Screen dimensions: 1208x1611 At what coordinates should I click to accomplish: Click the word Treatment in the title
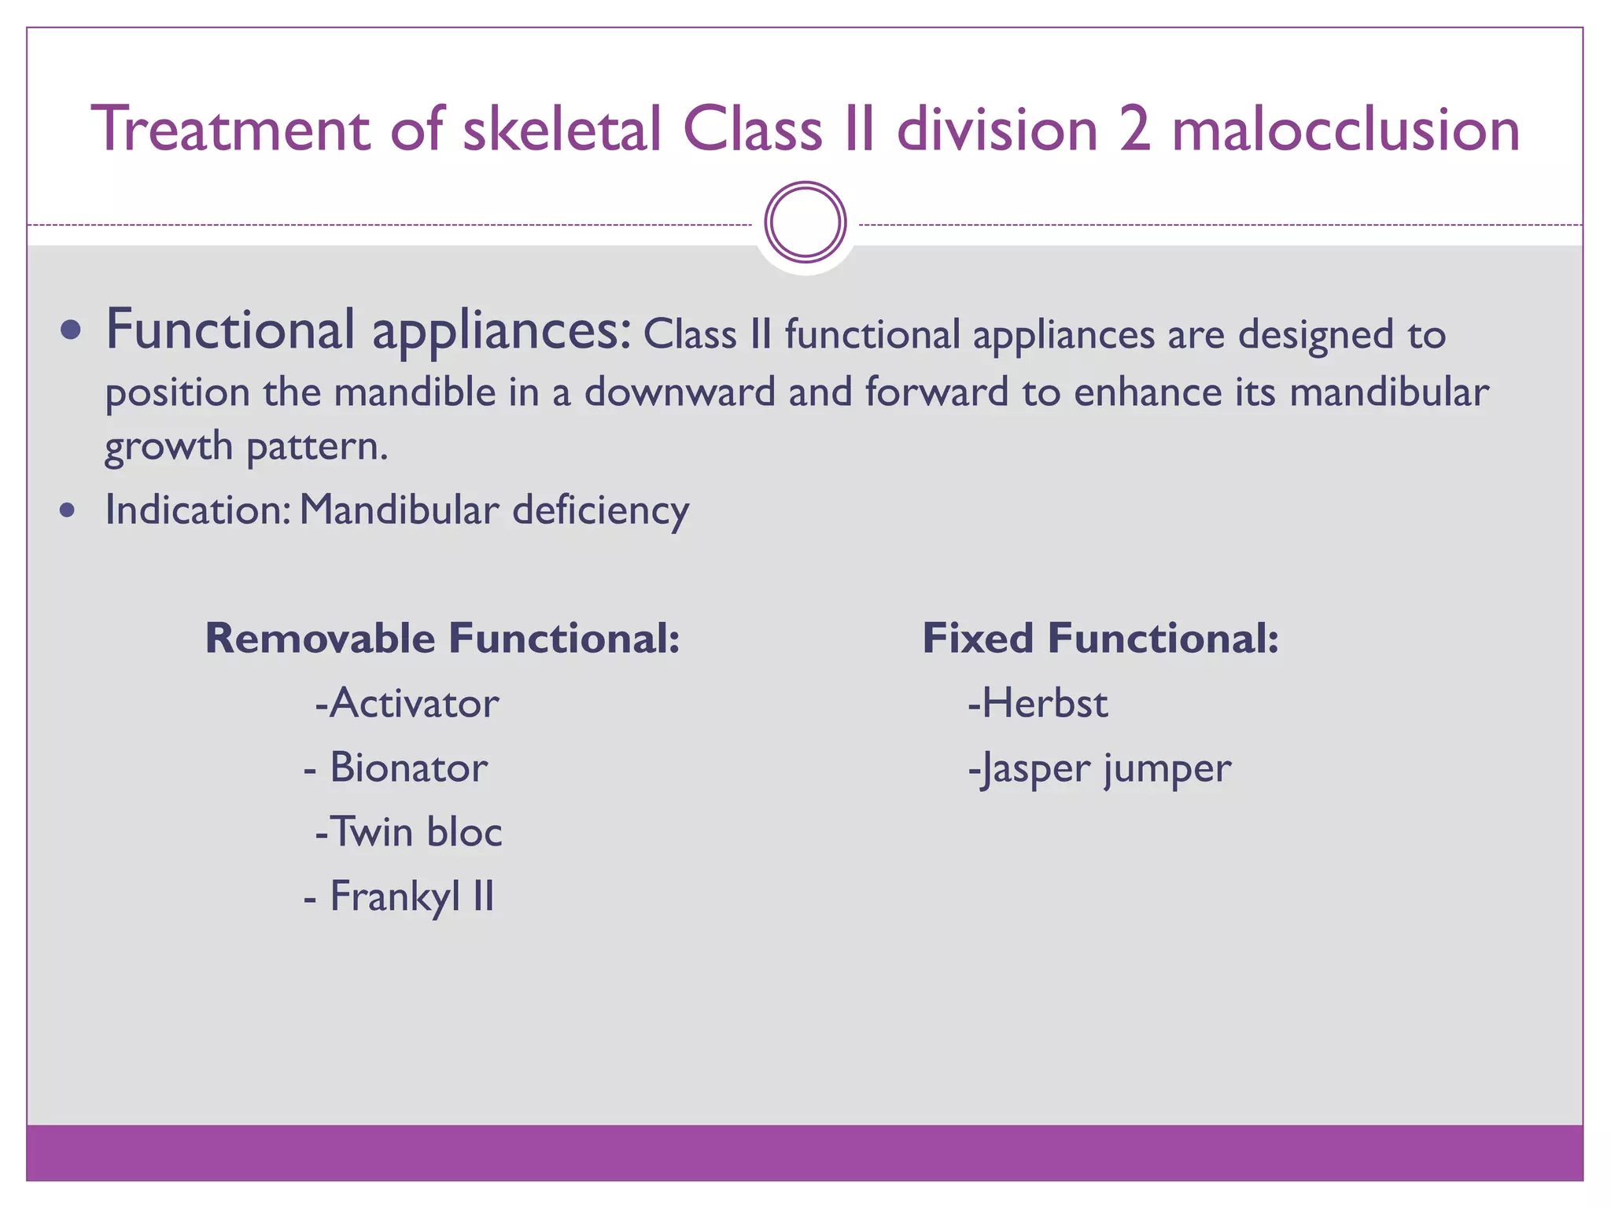click(x=230, y=130)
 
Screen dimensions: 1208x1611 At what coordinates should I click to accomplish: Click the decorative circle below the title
click(x=805, y=223)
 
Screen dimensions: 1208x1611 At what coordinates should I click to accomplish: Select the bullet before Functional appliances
click(x=71, y=330)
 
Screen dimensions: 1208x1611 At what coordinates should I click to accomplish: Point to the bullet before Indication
click(x=68, y=510)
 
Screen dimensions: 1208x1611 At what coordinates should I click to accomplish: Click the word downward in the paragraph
click(x=680, y=392)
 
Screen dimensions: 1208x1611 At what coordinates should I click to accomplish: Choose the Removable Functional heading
click(x=442, y=638)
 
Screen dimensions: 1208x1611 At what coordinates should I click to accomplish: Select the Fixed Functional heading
click(x=1100, y=638)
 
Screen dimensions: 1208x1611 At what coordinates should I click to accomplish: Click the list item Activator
click(x=407, y=703)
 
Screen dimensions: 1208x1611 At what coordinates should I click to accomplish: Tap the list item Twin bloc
click(x=409, y=832)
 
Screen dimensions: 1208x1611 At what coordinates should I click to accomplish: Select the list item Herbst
click(x=1038, y=703)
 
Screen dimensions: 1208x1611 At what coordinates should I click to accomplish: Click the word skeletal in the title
click(x=562, y=130)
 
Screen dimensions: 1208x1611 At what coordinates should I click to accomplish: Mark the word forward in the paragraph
click(x=936, y=392)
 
